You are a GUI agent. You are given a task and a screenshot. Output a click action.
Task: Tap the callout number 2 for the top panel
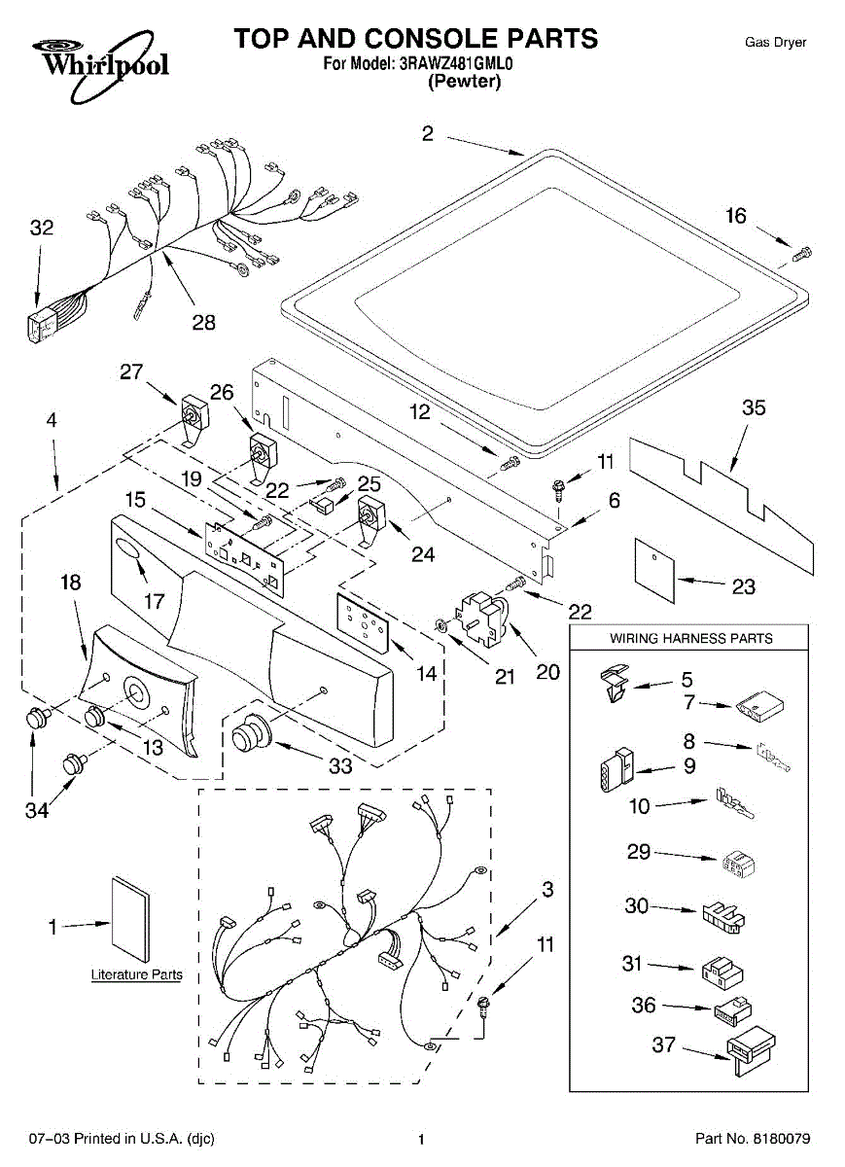428,134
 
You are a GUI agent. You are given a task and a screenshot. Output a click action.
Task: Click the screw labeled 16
801,255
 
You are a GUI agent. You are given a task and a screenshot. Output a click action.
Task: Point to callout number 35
753,407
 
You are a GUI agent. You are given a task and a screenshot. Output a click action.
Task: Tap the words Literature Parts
136,974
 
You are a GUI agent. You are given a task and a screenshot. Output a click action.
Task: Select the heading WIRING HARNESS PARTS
690,638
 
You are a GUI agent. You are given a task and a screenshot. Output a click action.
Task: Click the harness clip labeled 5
614,683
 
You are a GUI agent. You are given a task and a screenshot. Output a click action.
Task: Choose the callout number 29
638,853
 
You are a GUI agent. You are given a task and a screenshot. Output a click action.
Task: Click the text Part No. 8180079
752,1139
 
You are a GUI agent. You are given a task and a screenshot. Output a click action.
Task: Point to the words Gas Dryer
775,43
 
